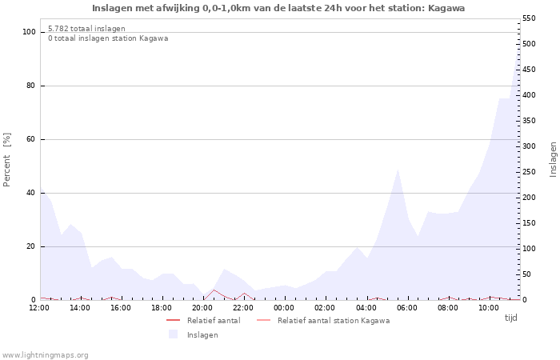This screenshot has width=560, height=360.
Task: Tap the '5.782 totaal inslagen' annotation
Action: [86, 29]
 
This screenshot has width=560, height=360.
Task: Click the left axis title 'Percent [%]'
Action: [7, 159]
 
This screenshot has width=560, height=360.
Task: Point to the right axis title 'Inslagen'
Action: [553, 159]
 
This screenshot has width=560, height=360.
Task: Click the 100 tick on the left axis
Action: [30, 32]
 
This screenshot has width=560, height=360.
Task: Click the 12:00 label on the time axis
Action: [39, 308]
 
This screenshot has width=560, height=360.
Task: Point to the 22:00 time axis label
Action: [243, 308]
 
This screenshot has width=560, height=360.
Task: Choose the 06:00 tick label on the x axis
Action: [406, 308]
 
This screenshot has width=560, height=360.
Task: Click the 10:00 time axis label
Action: [488, 308]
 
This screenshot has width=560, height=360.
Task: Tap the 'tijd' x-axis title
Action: [510, 318]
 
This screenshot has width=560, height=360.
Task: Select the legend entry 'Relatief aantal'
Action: [213, 320]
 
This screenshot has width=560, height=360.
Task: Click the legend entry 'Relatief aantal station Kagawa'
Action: [334, 320]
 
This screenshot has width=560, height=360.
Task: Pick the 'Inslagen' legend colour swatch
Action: [173, 334]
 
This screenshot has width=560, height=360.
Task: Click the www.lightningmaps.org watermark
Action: [46, 354]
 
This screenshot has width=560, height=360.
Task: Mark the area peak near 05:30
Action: [398, 169]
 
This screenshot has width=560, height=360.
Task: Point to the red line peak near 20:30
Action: [214, 290]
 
